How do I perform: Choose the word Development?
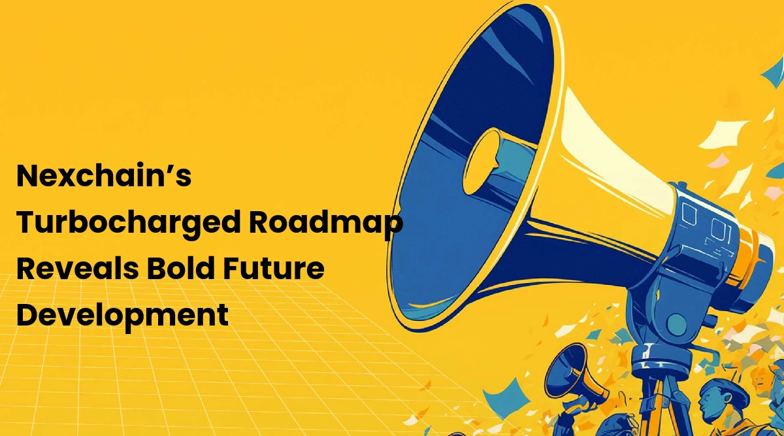tap(122, 315)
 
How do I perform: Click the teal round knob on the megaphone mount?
tap(676, 324)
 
